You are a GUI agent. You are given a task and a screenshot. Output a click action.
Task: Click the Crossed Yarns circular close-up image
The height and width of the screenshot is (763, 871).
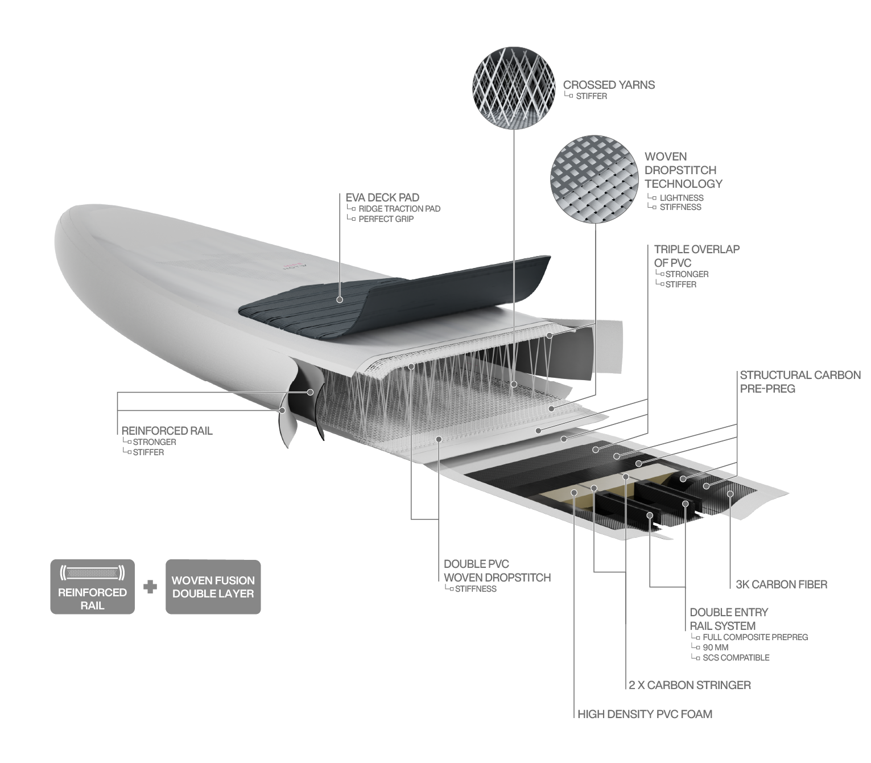(514, 84)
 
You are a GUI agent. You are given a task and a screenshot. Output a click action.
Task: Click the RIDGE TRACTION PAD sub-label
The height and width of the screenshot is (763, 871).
(399, 209)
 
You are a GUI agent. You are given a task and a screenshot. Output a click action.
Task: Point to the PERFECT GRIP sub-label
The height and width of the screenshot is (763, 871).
(386, 219)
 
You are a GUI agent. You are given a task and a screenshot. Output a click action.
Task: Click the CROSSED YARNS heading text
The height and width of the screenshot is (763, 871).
(609, 85)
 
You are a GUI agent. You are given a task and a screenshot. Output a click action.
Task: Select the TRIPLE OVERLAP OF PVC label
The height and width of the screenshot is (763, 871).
(696, 256)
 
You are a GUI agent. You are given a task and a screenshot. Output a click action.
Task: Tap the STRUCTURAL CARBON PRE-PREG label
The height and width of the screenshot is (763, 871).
(800, 382)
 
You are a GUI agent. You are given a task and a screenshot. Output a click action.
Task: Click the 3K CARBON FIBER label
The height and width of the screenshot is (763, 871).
(781, 584)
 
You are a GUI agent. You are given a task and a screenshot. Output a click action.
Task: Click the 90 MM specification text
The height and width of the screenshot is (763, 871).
(715, 647)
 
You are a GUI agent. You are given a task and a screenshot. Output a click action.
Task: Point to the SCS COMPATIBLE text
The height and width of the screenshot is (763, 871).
(736, 658)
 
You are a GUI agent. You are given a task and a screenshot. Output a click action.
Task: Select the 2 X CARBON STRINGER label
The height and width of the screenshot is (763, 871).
(690, 685)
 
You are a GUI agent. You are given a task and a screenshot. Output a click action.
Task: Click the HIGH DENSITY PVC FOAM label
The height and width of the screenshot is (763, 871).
(645, 714)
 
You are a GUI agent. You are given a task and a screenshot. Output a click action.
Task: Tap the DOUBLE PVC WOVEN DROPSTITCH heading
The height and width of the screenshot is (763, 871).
(497, 571)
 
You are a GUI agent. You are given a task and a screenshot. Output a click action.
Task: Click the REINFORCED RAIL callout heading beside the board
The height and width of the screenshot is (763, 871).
(167, 431)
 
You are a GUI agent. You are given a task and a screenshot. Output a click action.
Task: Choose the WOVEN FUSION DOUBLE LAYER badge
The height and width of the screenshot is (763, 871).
(213, 587)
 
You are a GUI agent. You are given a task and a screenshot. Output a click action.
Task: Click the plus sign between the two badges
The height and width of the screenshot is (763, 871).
(150, 587)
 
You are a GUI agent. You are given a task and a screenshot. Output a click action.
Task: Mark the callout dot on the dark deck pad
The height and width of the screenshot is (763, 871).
(339, 299)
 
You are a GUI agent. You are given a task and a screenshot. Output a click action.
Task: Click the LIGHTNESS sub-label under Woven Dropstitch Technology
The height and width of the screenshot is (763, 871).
(681, 197)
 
